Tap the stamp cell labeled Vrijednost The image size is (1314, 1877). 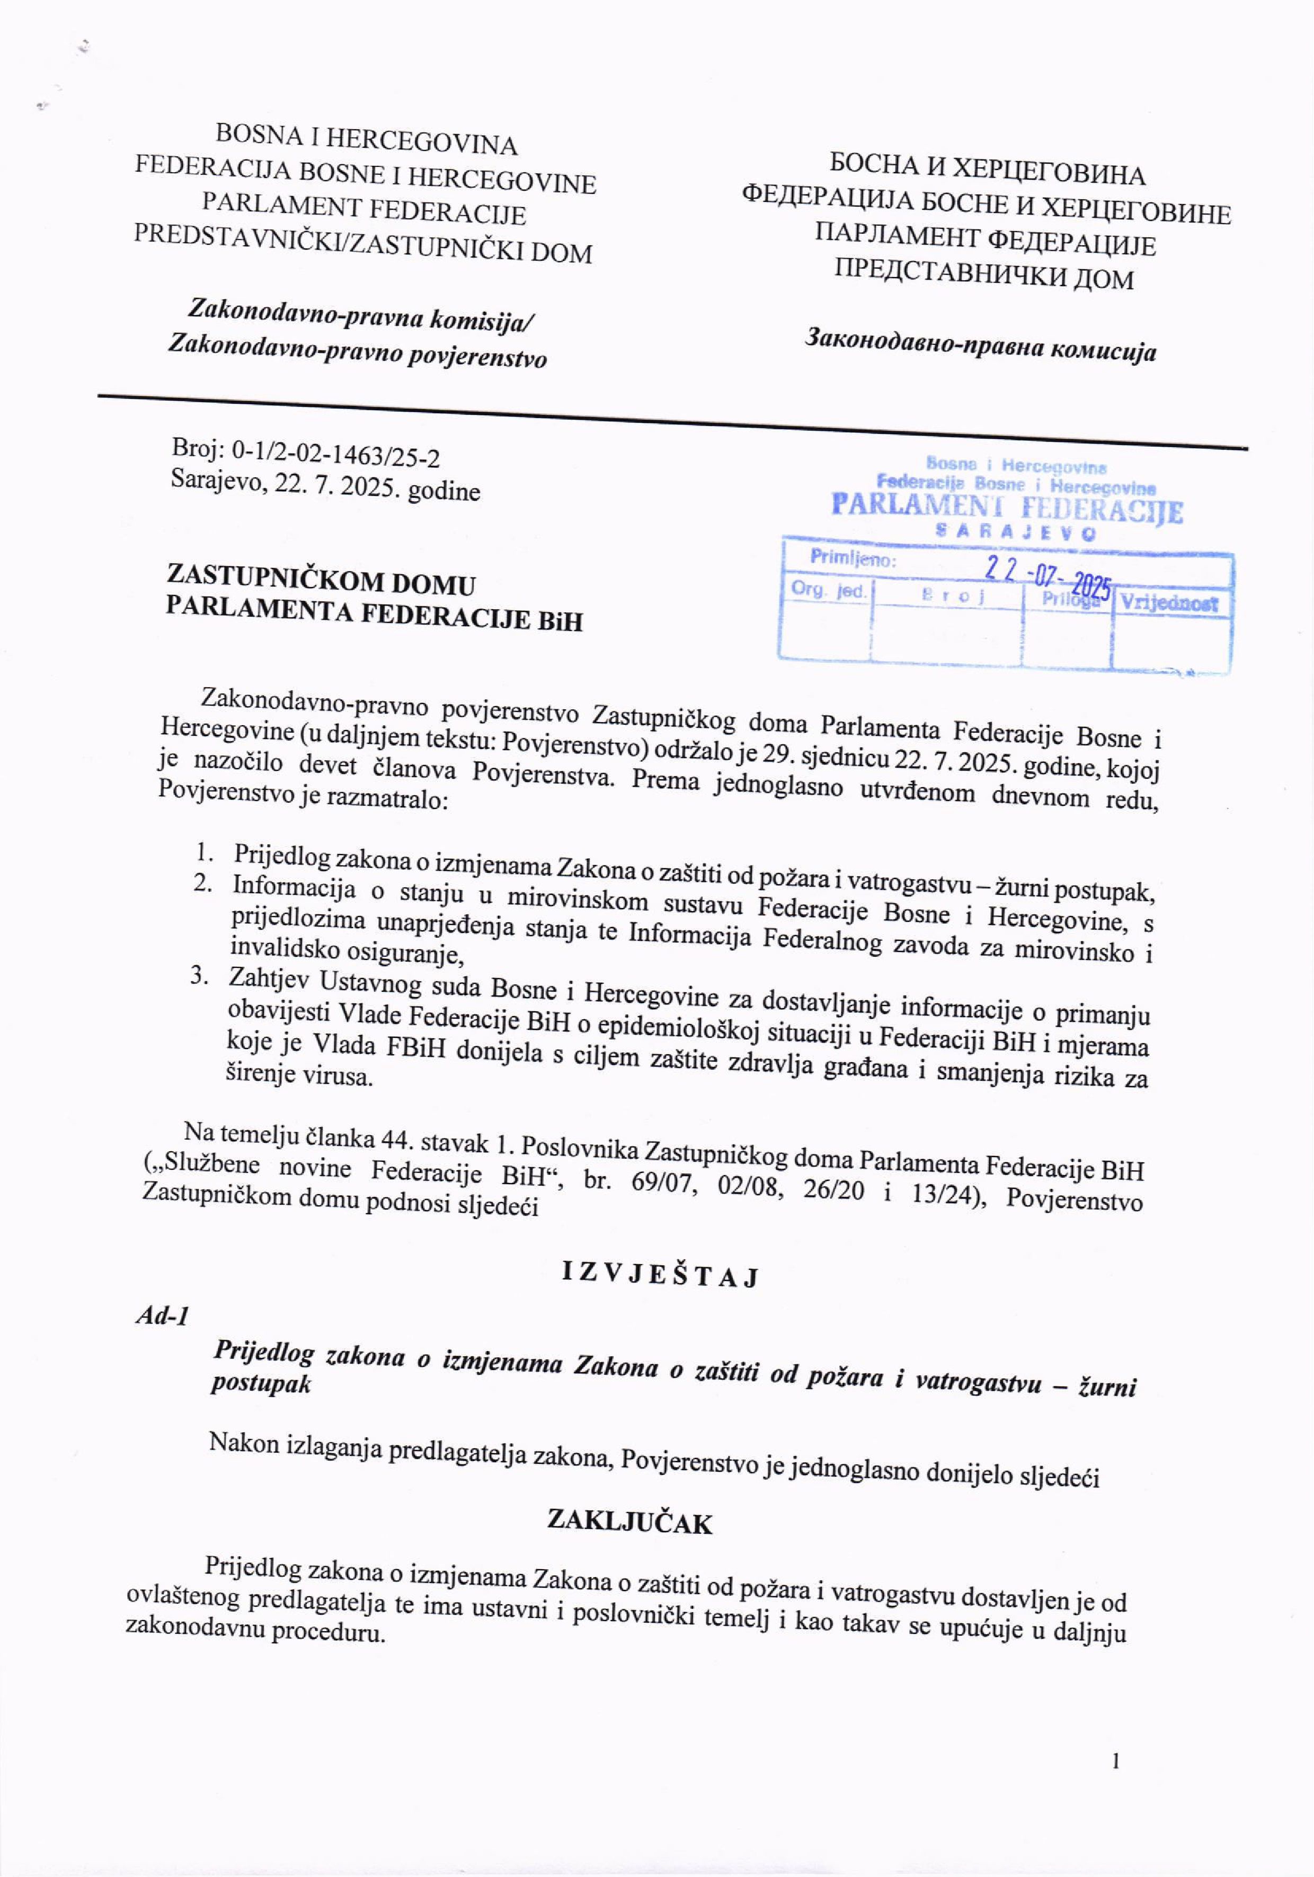click(x=1169, y=603)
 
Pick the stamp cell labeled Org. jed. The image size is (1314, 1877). click(x=828, y=590)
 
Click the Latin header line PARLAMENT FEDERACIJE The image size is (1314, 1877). click(x=364, y=209)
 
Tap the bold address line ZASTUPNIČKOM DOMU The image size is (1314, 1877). click(x=321, y=580)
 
